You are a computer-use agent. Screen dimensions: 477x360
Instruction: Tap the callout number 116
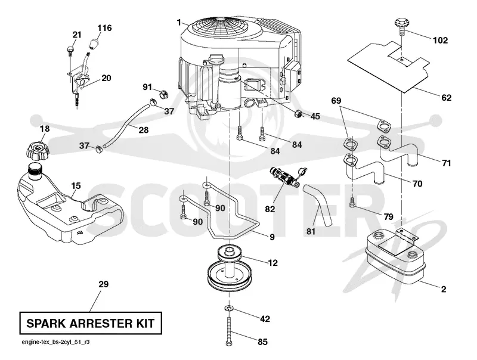coord(104,28)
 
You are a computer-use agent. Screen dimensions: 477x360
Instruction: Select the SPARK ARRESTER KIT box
coord(91,323)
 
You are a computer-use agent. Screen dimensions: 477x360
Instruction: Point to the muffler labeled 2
coord(395,258)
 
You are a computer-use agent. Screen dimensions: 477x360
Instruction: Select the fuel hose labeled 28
coord(126,125)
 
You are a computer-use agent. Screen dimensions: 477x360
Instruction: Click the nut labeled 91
coord(163,94)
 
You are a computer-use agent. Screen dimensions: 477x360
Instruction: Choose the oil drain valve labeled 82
coord(285,176)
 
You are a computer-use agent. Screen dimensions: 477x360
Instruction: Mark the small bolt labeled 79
coord(352,203)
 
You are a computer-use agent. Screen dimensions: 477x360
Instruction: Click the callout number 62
coord(446,98)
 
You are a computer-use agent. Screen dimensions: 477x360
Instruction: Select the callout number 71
coord(446,163)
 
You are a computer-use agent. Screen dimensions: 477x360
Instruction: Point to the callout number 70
coord(417,184)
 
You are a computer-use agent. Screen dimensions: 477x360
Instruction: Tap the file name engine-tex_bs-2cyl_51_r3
coord(55,342)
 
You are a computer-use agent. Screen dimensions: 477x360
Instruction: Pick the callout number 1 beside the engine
coord(179,23)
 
